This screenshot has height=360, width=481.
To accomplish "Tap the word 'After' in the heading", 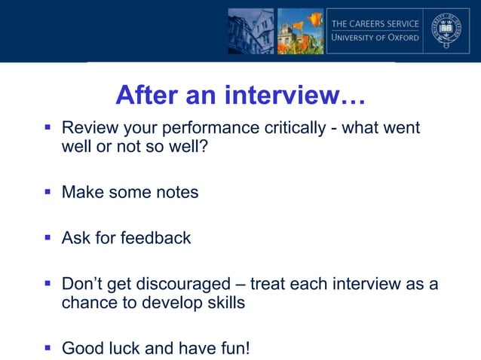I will tap(148, 96).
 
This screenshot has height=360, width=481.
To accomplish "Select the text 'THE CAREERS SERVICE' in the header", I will tap(375, 23).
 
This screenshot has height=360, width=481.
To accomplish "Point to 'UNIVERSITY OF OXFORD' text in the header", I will tap(375, 38).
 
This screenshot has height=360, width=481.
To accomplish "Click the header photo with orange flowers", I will tap(300, 31).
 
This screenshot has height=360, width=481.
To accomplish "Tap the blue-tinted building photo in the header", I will tap(251, 31).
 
